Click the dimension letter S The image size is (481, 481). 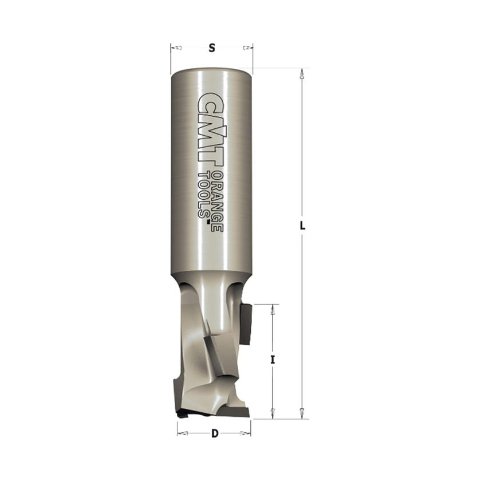(212, 48)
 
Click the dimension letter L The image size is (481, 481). (302, 226)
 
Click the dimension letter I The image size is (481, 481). (273, 360)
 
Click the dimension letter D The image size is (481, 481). (215, 433)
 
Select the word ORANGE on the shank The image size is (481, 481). (218, 202)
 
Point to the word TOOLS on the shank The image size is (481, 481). (204, 195)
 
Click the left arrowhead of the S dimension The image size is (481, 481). (176, 48)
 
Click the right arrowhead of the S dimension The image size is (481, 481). (247, 48)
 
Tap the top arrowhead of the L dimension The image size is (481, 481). (302, 74)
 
